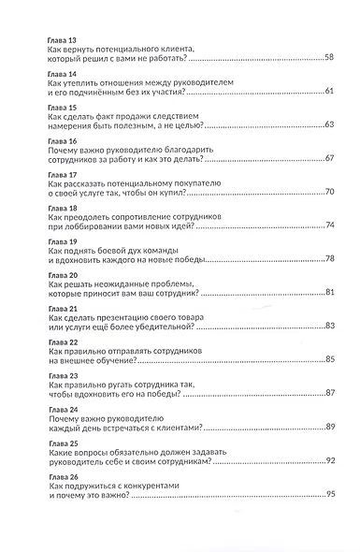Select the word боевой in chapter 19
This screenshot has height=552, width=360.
tap(112, 249)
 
